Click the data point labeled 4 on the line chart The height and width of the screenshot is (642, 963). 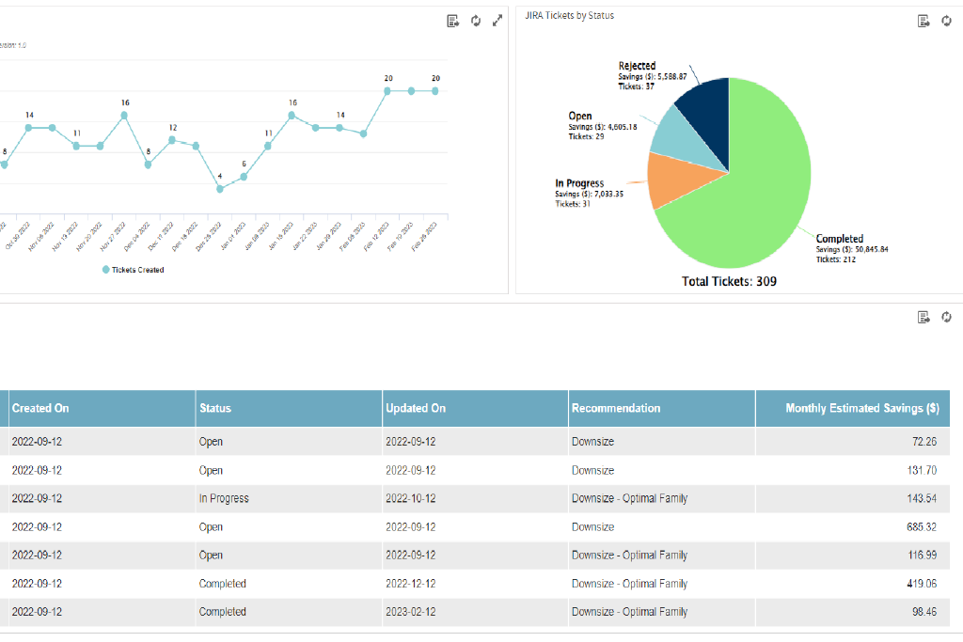pos(220,189)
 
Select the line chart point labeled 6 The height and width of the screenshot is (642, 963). pos(245,176)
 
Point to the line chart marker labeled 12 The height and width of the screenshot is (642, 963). pos(172,140)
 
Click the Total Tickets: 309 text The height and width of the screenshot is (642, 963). pos(729,281)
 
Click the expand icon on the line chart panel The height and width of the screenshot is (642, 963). pos(497,21)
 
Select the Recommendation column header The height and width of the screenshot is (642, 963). pos(615,408)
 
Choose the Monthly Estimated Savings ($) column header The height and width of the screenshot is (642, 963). pos(861,408)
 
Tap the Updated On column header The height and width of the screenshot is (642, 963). pos(415,408)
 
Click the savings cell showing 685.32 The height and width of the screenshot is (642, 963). pos(918,527)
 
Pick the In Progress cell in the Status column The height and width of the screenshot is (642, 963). pos(224,498)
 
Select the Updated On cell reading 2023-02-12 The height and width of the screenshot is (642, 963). pos(411,612)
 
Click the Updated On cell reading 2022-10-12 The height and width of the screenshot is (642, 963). pos(411,498)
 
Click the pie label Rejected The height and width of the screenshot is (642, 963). pos(637,66)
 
